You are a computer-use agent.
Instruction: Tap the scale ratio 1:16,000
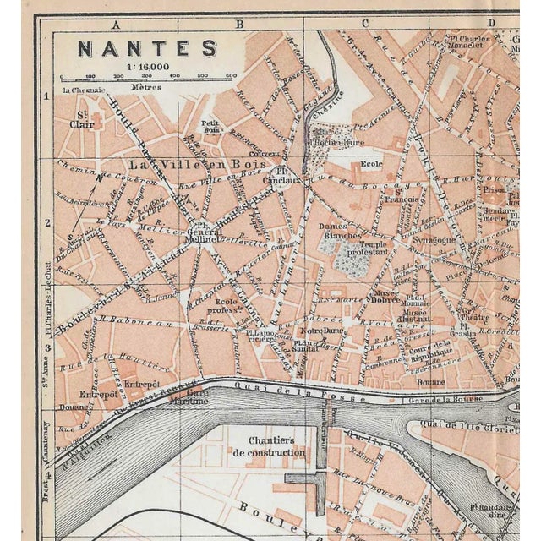click(148, 65)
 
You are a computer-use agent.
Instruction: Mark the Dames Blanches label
click(340, 231)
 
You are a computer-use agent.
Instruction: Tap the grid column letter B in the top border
click(238, 25)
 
